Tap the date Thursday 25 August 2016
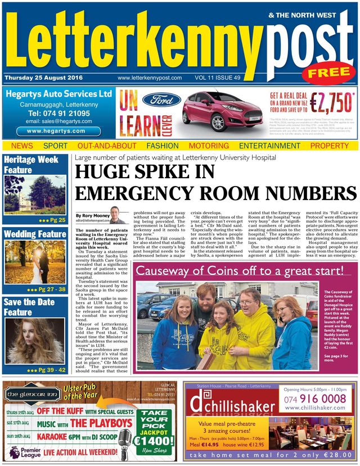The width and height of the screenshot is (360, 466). [x=43, y=78]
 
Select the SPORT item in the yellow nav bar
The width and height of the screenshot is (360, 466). [x=55, y=146]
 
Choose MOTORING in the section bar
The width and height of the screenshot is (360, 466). [x=209, y=146]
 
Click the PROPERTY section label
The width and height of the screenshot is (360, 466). [x=330, y=146]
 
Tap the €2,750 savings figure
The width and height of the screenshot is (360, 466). [x=330, y=103]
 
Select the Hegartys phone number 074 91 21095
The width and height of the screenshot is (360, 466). [x=58, y=113]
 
